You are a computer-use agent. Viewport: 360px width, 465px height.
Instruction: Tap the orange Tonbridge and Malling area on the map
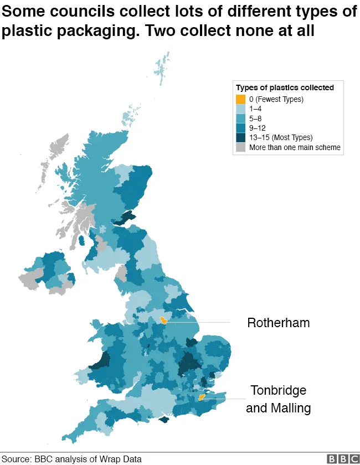(x=202, y=397)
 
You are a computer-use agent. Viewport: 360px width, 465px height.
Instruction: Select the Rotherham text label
(x=278, y=322)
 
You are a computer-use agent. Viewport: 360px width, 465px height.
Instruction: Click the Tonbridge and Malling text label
(x=278, y=399)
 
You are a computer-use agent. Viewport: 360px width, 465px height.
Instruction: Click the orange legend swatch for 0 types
(x=240, y=100)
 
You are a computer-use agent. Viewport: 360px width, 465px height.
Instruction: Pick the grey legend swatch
(x=240, y=147)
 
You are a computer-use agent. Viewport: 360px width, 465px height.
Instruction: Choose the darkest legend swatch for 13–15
(x=240, y=137)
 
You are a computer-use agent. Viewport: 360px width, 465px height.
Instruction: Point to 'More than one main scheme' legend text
(x=295, y=147)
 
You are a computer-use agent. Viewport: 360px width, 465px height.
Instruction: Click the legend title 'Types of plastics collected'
(x=285, y=87)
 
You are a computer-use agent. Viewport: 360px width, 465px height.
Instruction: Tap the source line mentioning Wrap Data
(x=72, y=459)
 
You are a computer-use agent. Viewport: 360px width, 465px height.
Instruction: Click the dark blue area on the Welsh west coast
(x=103, y=357)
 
